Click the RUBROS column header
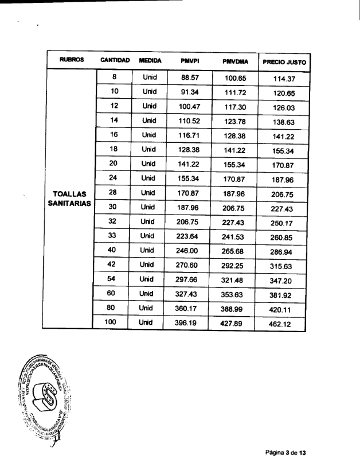click(72, 60)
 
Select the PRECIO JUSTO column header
click(284, 61)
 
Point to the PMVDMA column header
click(234, 61)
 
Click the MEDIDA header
click(150, 60)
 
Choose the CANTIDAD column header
click(115, 60)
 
